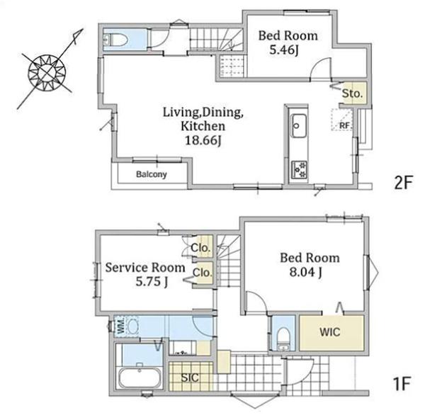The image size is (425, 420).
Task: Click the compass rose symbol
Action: coord(47,73)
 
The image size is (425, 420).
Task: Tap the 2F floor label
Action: coord(403,182)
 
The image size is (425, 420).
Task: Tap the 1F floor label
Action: coord(402,383)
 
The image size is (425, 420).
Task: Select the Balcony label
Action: coord(152,174)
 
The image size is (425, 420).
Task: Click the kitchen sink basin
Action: coord(298,126)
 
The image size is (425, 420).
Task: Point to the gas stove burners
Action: coord(299,169)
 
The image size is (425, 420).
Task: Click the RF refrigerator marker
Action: coord(344,126)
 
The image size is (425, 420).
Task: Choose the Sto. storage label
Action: coord(352,93)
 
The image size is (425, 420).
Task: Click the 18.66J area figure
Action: coord(203,140)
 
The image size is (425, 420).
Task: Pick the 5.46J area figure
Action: coord(284,50)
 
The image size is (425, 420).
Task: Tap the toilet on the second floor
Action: coord(116,40)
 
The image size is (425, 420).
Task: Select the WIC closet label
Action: coord(329,332)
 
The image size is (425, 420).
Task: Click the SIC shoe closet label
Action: coord(190,378)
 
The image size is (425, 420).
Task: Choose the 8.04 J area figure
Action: coord(306,272)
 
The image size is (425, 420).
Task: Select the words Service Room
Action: coord(145,268)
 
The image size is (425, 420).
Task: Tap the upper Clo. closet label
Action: coord(200,247)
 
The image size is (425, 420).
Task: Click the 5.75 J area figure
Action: coord(152,282)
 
